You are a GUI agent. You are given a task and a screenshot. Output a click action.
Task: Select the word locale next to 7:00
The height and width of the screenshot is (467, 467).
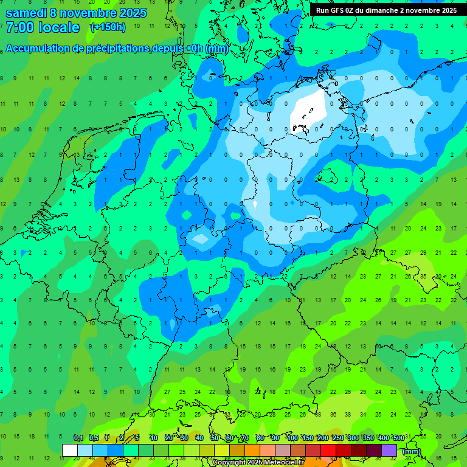tap(59, 27)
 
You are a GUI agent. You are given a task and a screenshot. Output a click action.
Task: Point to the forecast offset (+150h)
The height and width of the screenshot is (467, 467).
tap(108, 27)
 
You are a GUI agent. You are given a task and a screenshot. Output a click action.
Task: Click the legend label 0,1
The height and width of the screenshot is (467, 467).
tap(78, 438)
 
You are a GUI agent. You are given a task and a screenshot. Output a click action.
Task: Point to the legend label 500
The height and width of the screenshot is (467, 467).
tap(398, 438)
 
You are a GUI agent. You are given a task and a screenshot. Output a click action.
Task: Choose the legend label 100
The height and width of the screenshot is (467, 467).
tap(292, 438)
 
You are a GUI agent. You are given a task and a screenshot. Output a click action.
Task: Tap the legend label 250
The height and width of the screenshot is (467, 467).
tap(337, 438)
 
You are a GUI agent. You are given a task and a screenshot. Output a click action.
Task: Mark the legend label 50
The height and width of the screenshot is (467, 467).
tap(215, 438)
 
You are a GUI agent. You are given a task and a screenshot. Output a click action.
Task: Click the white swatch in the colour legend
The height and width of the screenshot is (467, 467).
tap(70, 450)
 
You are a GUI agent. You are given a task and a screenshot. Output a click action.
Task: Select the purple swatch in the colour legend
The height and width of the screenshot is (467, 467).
tap(389, 450)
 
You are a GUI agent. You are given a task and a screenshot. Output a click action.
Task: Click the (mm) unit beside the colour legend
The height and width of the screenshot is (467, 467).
tap(412, 451)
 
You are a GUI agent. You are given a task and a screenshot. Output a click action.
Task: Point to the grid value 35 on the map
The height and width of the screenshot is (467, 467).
tap(423, 276)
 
